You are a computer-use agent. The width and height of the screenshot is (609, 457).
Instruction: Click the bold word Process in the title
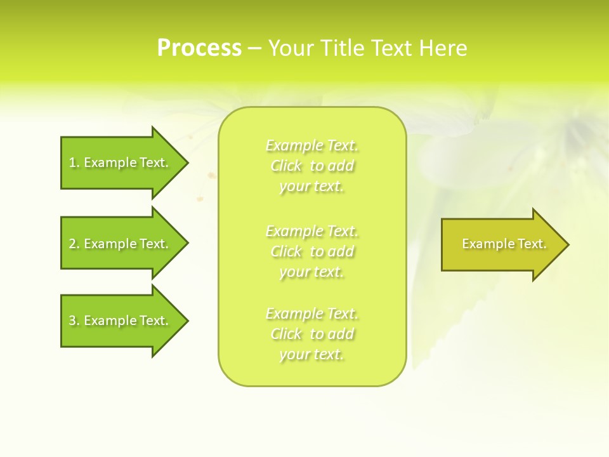tap(199, 48)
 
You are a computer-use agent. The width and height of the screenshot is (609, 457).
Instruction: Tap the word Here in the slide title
tap(443, 48)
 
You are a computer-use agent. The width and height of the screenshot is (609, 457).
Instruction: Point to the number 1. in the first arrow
tap(74, 162)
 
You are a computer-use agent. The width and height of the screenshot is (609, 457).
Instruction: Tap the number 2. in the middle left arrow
tap(74, 244)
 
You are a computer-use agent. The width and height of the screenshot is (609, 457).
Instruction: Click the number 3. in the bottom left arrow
tap(74, 321)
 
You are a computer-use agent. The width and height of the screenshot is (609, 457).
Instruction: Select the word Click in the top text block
tap(286, 166)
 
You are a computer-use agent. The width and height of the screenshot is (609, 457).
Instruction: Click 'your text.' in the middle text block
tap(311, 272)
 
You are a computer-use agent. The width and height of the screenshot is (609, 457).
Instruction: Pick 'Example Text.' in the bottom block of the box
tap(312, 314)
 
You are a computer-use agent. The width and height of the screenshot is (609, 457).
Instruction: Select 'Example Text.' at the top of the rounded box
tap(312, 146)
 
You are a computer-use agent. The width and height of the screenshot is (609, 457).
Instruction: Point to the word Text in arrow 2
tap(153, 244)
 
